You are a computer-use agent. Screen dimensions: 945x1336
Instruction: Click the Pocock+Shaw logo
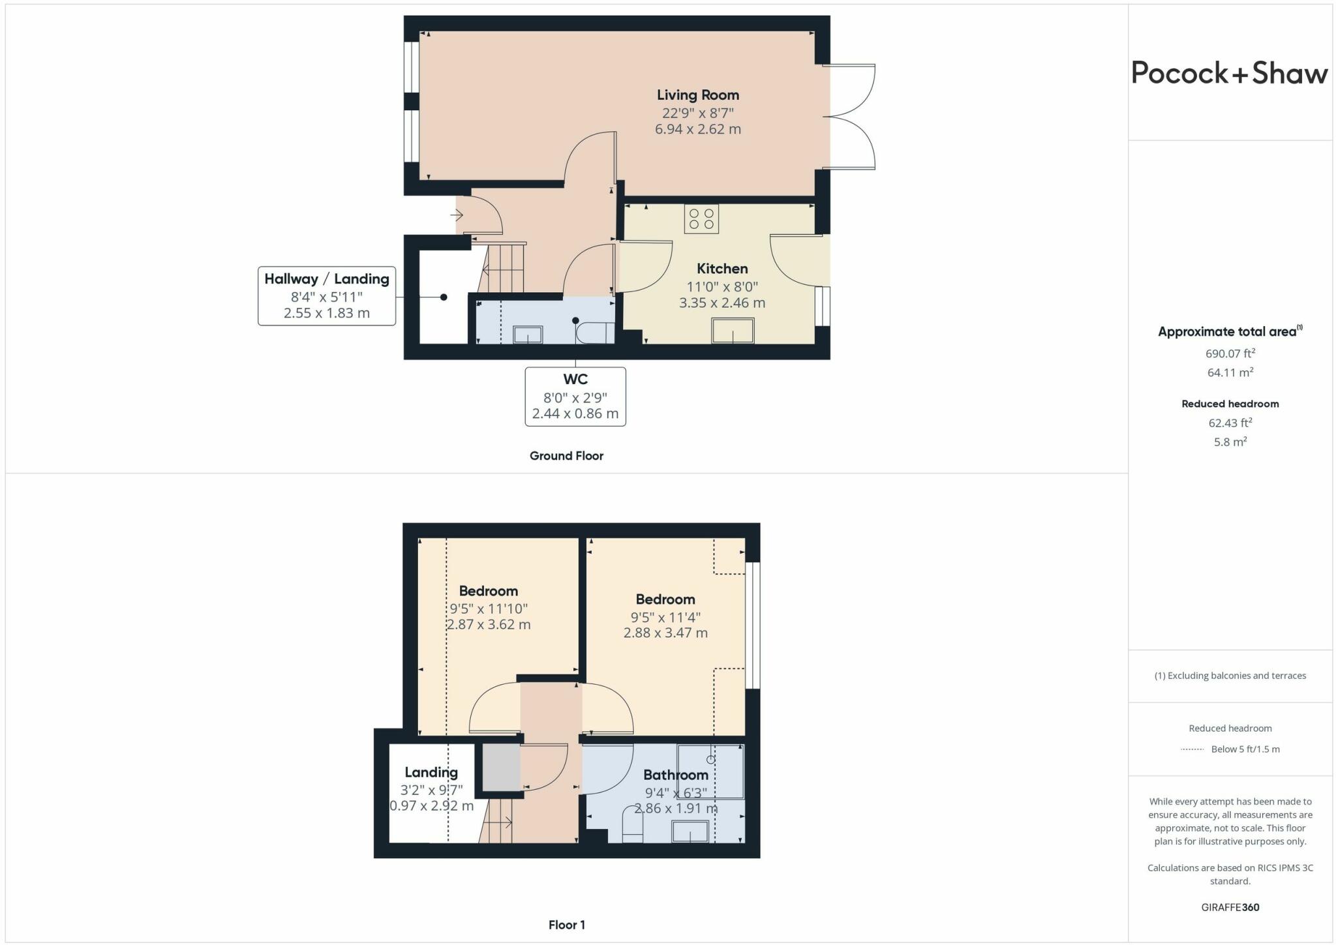[x=1229, y=73]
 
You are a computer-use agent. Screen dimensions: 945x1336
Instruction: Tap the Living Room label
[x=697, y=95]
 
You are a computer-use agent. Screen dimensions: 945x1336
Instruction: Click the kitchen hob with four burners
[x=701, y=219]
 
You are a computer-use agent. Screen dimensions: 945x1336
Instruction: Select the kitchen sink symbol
[x=733, y=331]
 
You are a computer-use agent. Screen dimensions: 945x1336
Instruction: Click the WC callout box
[x=575, y=397]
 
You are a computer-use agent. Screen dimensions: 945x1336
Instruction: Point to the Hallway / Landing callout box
[x=327, y=295]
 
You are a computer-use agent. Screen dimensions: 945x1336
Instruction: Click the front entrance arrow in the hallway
[x=457, y=215]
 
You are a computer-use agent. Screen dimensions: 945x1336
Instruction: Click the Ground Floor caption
[x=566, y=456]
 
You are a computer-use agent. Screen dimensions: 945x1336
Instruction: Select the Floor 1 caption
[x=566, y=925]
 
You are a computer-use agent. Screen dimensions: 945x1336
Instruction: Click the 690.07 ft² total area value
[x=1230, y=353]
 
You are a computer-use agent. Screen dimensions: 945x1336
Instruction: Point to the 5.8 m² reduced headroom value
[x=1230, y=442]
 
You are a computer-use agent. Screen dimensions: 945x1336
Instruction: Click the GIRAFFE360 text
[x=1230, y=907]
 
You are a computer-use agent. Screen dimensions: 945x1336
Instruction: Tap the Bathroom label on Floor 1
[x=675, y=775]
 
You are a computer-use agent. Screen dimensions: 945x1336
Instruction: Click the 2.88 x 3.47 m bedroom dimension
[x=665, y=633]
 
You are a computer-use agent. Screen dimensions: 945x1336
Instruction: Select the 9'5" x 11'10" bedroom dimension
[x=489, y=608]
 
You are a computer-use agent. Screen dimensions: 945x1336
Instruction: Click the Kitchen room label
[x=722, y=269]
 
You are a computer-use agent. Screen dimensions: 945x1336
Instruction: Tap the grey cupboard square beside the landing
[x=501, y=768]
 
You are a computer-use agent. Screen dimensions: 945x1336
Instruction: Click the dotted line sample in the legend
[x=1192, y=749]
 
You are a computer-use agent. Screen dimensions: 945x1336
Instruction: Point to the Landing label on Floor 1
[x=431, y=772]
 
